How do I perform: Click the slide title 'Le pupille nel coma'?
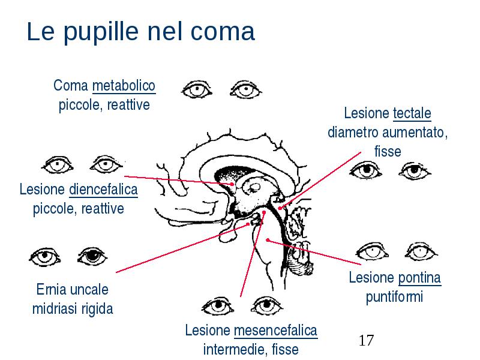(141, 32)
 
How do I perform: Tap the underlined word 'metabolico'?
(124, 85)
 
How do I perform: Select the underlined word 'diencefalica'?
(103, 190)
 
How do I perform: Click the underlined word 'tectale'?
(412, 113)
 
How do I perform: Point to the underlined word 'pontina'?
(419, 278)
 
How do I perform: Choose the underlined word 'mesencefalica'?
(275, 331)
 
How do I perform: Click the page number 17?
(366, 340)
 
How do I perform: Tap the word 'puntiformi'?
(394, 296)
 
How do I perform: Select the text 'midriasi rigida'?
(73, 308)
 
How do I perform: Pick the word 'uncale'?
(90, 289)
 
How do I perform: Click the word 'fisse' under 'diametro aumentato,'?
(388, 151)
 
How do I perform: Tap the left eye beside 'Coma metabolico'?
(197, 89)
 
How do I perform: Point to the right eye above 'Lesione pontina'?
(421, 251)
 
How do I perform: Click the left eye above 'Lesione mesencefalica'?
(218, 305)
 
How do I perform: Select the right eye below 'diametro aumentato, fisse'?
(415, 170)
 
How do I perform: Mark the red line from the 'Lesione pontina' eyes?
(314, 252)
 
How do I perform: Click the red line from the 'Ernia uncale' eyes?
(182, 248)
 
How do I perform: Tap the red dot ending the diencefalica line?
(233, 184)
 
